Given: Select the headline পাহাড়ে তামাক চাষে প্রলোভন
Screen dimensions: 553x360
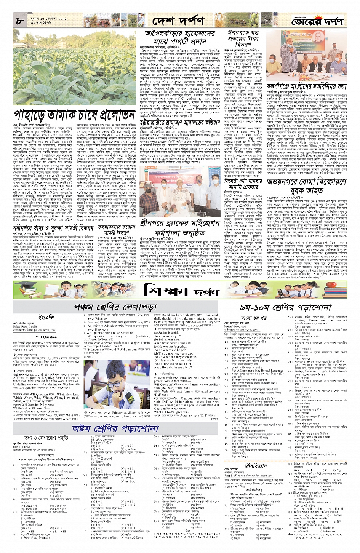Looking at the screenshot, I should pyautogui.click(x=74, y=115).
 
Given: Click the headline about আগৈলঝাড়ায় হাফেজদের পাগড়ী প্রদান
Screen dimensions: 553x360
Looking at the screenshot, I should pyautogui.click(x=180, y=37).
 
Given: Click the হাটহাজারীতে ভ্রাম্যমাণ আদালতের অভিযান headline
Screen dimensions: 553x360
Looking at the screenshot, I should pyautogui.click(x=180, y=123).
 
